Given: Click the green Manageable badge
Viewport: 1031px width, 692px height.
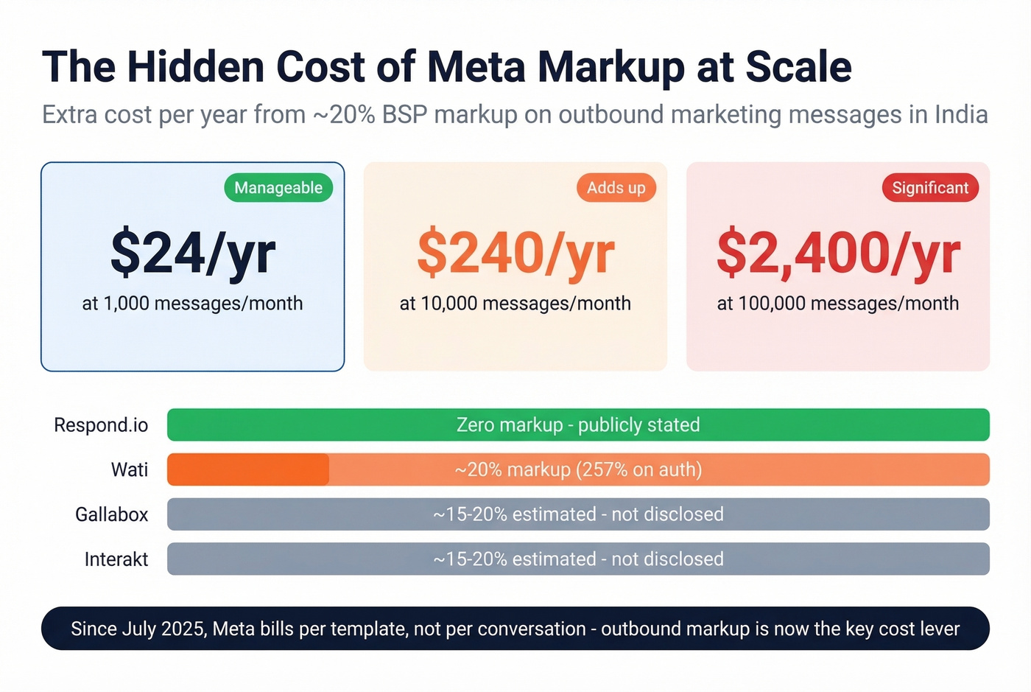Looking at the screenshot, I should (x=278, y=188).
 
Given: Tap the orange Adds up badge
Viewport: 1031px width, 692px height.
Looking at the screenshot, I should (x=616, y=188).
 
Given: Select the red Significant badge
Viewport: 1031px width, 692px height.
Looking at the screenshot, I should (x=930, y=188).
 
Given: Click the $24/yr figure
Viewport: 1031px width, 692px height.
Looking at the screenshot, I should (x=193, y=254).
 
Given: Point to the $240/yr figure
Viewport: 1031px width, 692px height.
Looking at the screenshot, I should (x=515, y=254).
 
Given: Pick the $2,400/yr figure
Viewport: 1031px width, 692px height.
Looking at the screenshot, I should (x=838, y=254).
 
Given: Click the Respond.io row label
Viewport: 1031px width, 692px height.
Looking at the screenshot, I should (x=101, y=425).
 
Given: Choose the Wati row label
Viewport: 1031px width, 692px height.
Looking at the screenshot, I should (x=130, y=469).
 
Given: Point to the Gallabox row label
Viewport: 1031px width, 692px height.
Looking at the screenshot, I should (x=111, y=514).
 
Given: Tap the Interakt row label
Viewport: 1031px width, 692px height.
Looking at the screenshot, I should (x=116, y=559).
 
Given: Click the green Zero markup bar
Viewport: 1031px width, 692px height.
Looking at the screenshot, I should (x=578, y=425).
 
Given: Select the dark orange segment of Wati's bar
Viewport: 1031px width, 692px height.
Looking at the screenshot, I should (x=248, y=469).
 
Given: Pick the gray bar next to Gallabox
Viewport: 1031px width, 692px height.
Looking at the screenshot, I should (x=578, y=514).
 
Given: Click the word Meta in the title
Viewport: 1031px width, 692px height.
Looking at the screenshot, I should (x=476, y=67).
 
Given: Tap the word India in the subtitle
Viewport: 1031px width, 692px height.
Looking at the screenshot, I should (x=961, y=115).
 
